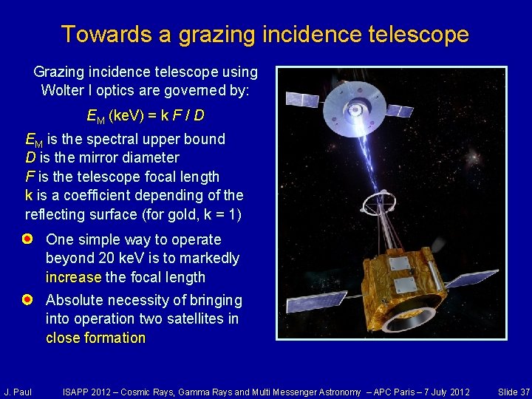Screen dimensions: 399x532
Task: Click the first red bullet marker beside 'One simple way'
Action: point(27,239)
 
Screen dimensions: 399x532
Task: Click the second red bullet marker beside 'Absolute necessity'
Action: point(27,300)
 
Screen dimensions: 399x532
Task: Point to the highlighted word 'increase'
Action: point(73,278)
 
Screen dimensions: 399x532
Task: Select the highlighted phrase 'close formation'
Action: point(95,338)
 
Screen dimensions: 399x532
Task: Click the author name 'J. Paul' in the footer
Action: point(18,392)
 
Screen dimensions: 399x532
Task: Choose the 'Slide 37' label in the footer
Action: point(514,392)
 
